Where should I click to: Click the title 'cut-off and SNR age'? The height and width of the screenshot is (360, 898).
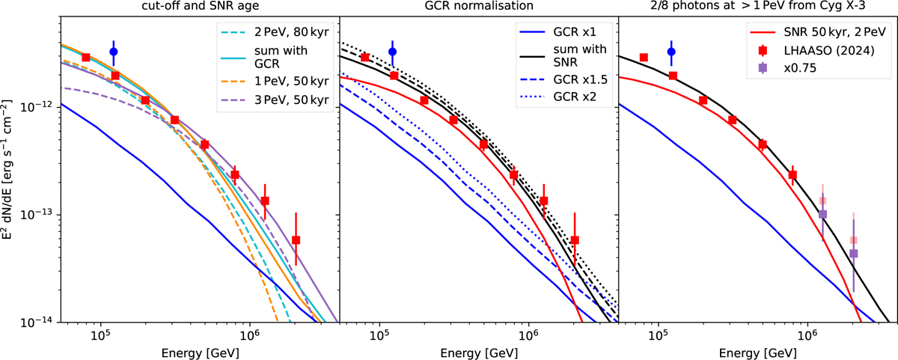pyautogui.click(x=199, y=7)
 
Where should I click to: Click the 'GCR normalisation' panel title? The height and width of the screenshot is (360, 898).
pyautogui.click(x=479, y=7)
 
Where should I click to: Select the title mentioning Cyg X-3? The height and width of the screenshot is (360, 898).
pyautogui.click(x=758, y=7)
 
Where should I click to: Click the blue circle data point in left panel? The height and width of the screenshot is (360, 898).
pyautogui.click(x=113, y=52)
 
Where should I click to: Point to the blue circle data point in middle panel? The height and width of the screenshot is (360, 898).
pyautogui.click(x=392, y=52)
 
